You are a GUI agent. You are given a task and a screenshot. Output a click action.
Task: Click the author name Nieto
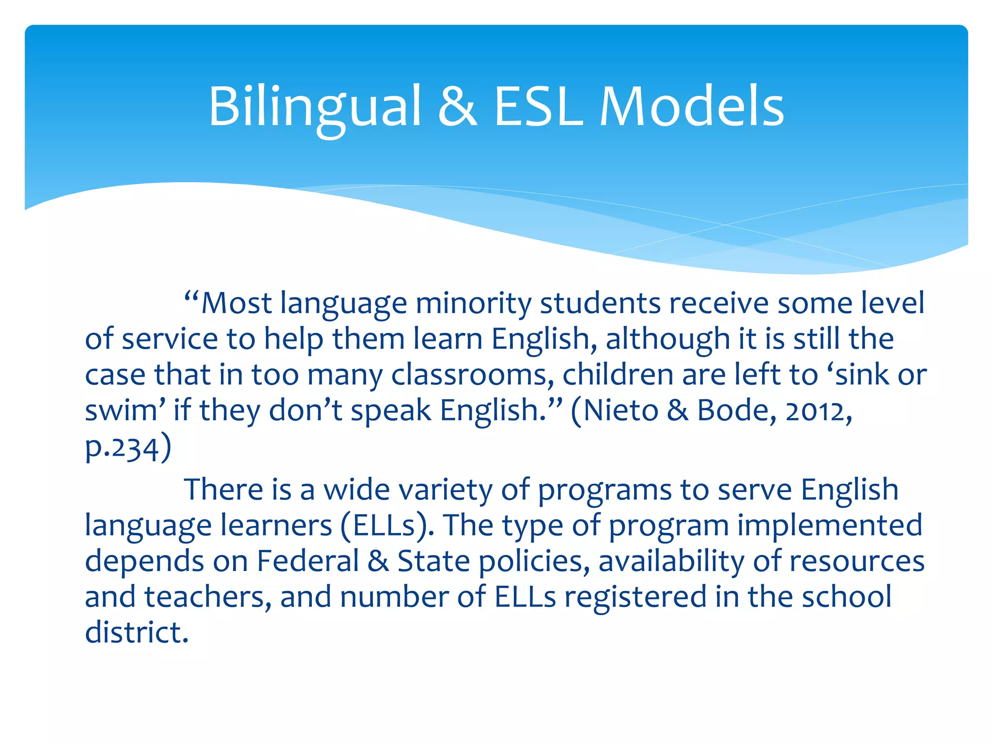click(621, 411)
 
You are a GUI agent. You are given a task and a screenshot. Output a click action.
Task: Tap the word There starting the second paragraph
click(224, 489)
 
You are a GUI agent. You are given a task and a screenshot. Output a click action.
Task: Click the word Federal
click(308, 561)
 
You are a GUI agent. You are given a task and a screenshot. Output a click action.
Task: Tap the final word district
click(137, 632)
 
